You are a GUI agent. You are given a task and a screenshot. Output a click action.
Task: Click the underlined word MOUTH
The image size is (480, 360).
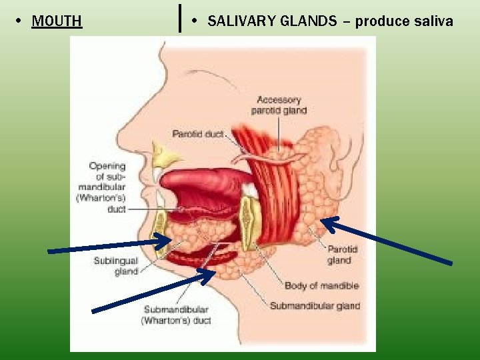coord(57,21)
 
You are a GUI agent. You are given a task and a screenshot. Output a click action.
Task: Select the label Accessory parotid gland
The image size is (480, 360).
coord(279,105)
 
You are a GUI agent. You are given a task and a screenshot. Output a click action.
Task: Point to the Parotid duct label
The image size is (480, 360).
coord(197,134)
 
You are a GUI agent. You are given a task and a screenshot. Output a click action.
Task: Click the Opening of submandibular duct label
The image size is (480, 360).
coord(107,187)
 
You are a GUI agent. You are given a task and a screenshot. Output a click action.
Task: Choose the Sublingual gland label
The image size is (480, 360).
coord(116,266)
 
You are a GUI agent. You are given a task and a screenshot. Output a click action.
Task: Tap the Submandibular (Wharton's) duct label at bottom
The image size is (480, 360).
coord(175,315)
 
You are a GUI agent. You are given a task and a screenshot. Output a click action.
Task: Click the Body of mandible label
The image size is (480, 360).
coord(321,286)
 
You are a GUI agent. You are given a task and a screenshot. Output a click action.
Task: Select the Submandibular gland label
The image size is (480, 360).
coord(315,306)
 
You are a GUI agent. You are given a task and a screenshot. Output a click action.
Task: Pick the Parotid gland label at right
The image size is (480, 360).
coord(343,255)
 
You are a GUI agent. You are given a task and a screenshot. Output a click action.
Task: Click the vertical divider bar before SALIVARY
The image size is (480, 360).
coord(180,18)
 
